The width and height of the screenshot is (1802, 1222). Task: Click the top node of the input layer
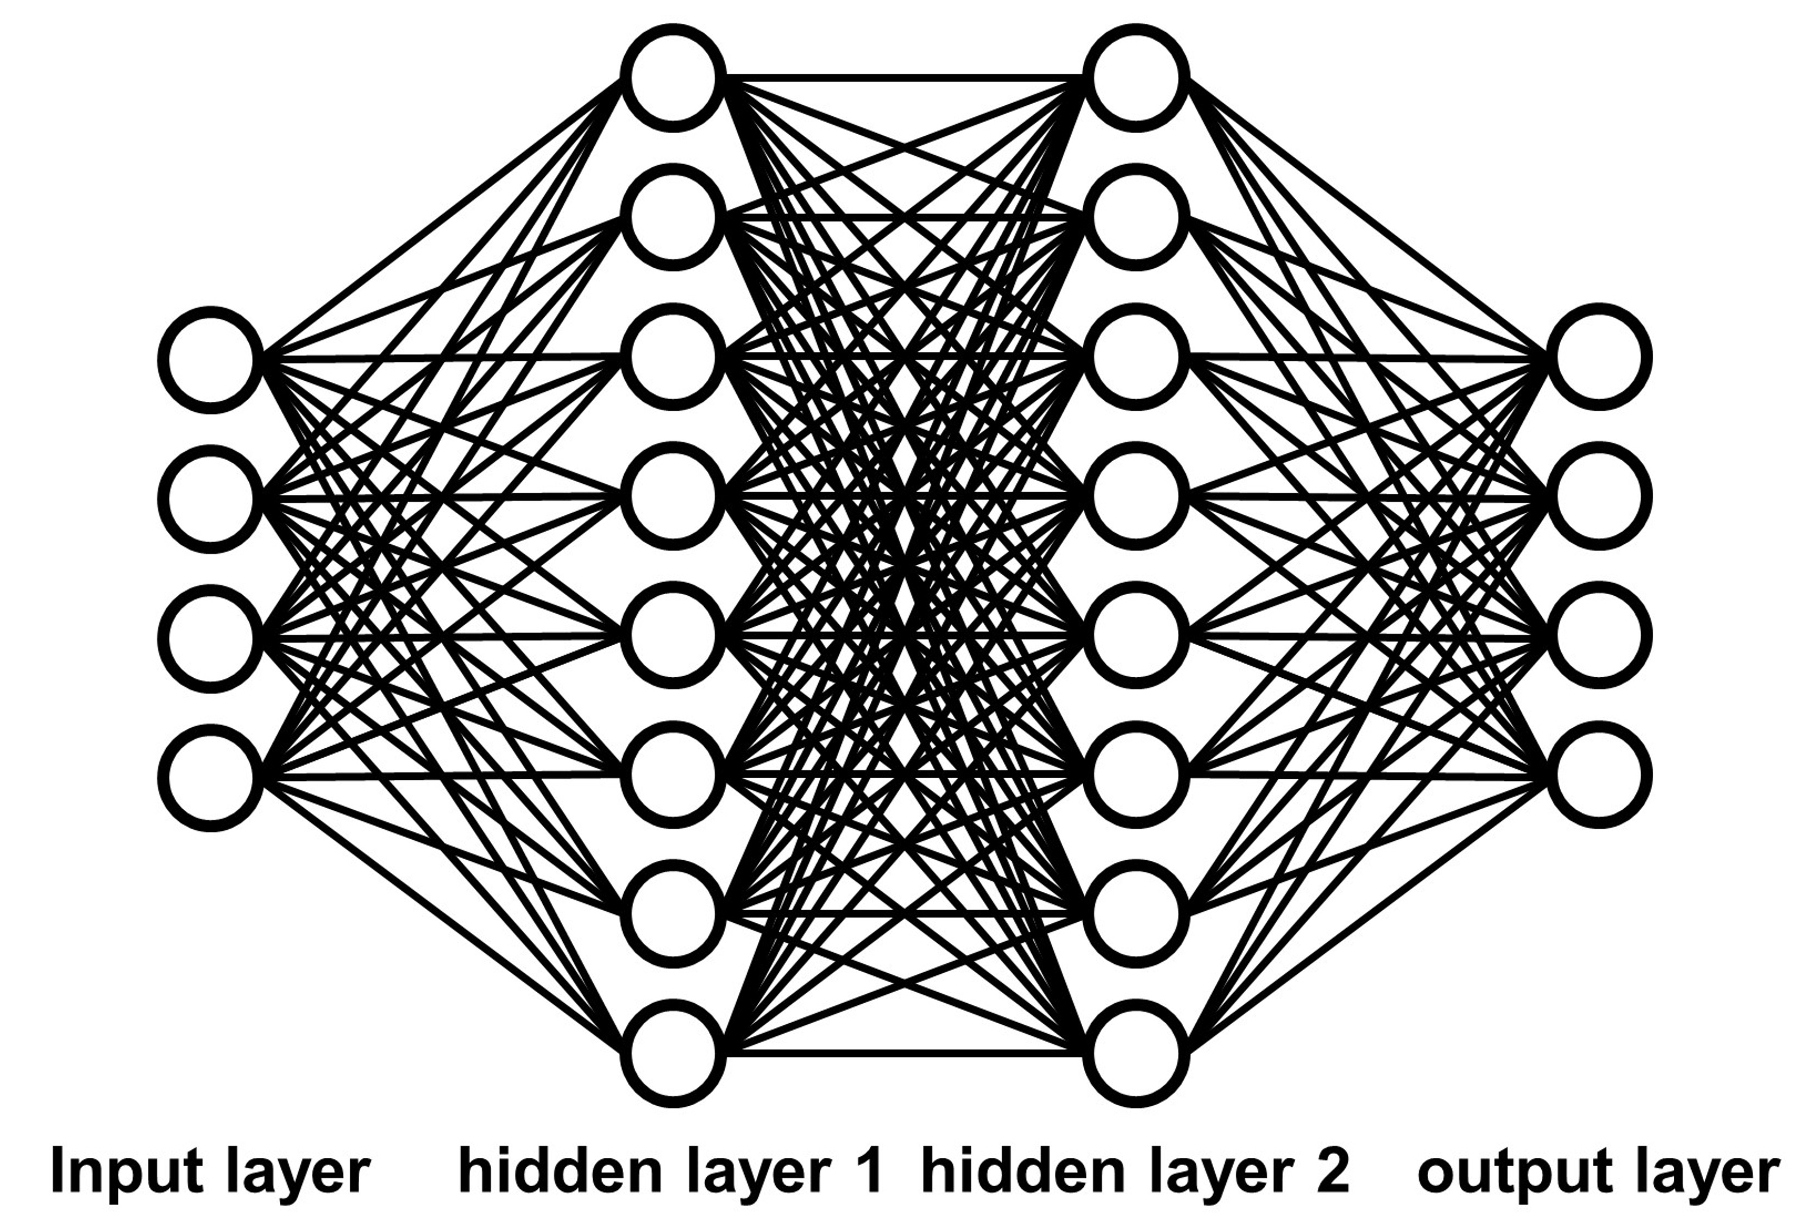tap(210, 359)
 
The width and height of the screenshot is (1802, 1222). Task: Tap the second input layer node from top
tap(210, 498)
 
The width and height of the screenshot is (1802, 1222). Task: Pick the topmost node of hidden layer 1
tap(673, 78)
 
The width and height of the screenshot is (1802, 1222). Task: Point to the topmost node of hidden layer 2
tap(1136, 78)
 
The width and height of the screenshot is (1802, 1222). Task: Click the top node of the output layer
tap(1599, 357)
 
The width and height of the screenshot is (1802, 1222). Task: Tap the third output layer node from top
tap(1599, 636)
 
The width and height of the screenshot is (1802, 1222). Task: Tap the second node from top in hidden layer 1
tap(673, 217)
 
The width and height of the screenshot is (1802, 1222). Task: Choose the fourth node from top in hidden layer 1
tap(673, 496)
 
